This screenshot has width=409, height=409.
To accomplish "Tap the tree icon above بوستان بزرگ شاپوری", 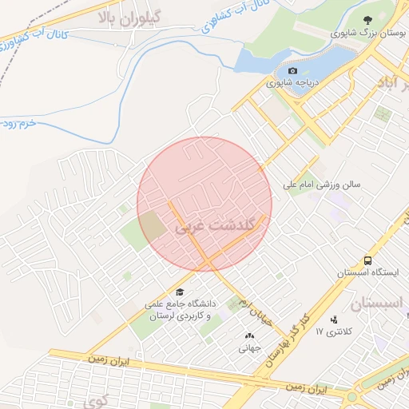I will click(x=367, y=21).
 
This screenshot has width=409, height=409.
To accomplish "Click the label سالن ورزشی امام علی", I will click(x=322, y=185).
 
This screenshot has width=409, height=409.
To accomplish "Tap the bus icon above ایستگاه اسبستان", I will click(x=367, y=260).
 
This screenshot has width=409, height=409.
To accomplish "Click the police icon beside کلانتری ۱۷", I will click(x=333, y=331).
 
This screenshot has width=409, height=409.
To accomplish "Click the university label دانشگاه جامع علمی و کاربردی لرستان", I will click(x=181, y=311).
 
